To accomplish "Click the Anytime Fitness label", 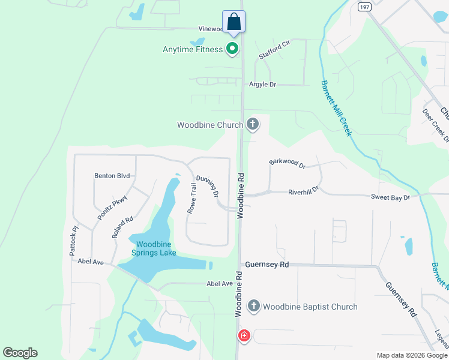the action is (x=192, y=49).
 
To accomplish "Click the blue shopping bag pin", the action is (x=234, y=23).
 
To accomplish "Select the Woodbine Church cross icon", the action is (x=253, y=125).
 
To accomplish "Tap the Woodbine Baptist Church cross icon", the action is (x=253, y=307).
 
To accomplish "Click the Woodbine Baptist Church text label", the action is (x=310, y=307).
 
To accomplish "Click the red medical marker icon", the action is (x=244, y=335).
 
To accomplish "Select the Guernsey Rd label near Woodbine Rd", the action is (x=267, y=264).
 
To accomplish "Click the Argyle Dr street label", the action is (x=262, y=85).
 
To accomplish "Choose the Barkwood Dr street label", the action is (x=288, y=163).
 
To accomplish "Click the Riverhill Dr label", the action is (x=303, y=191).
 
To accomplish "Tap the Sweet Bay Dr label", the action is (x=390, y=197).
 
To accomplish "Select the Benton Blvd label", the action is (x=112, y=176).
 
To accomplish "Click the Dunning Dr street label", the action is (x=207, y=187).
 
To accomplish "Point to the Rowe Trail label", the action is (x=192, y=199).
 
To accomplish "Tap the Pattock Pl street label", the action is (x=74, y=238).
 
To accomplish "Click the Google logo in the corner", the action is (x=20, y=353).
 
